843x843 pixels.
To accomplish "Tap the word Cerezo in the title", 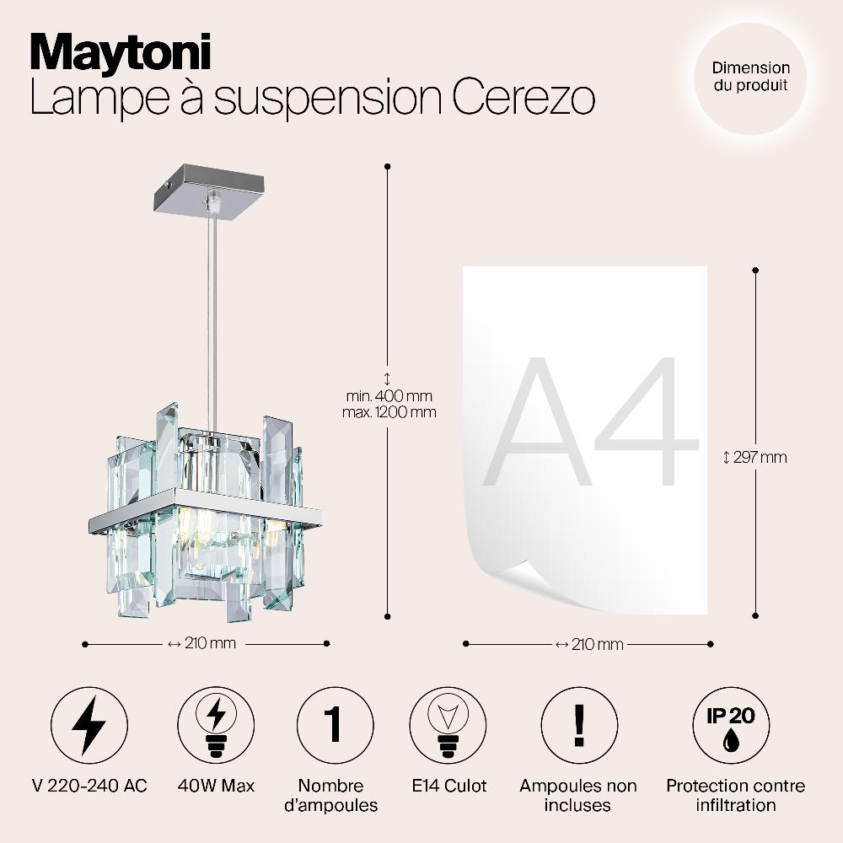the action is pyautogui.click(x=524, y=97).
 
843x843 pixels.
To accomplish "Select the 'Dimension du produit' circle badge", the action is pyautogui.click(x=750, y=78).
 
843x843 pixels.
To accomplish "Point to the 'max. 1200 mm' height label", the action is pyautogui.click(x=389, y=412).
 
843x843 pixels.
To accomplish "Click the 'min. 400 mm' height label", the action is pyautogui.click(x=389, y=396).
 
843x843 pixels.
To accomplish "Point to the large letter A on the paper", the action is pyautogui.click(x=537, y=421).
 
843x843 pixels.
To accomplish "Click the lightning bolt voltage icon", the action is pyautogui.click(x=89, y=725).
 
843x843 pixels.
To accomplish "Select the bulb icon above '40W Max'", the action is pyautogui.click(x=216, y=725).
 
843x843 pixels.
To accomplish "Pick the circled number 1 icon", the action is pyautogui.click(x=336, y=725).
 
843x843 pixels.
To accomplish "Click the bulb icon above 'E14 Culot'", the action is pyautogui.click(x=448, y=725).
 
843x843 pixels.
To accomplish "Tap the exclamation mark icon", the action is pyautogui.click(x=579, y=725).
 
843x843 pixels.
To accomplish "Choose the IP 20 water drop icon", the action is pyautogui.click(x=731, y=725).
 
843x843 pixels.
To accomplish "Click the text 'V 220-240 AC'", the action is pyautogui.click(x=90, y=786).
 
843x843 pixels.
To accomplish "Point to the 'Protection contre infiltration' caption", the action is pyautogui.click(x=735, y=795).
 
